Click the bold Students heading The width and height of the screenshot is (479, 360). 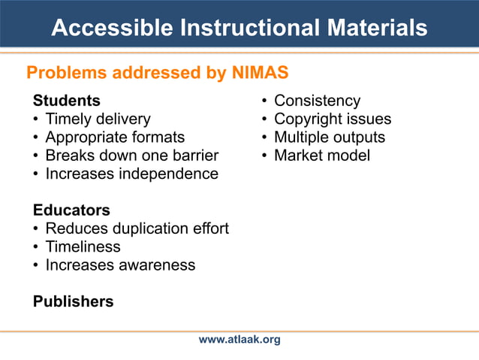point(67,101)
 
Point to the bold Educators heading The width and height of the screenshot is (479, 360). point(71,210)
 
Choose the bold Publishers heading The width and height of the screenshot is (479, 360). point(74,301)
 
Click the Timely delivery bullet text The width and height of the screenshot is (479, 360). point(98,119)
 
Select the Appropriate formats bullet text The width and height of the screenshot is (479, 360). point(115,137)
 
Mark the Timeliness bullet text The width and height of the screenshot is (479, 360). point(83,247)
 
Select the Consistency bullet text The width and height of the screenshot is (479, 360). point(317,101)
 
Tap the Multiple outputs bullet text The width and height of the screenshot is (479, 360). point(329,137)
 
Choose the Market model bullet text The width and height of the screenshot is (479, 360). point(321,156)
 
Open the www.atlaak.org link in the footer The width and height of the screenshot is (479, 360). point(239,340)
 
